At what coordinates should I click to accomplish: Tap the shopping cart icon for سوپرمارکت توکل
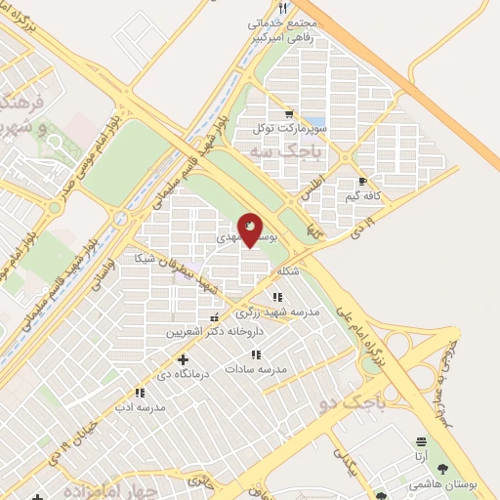click(x=286, y=113)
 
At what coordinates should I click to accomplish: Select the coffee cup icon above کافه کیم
click(x=362, y=182)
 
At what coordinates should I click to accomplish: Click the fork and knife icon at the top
click(x=282, y=8)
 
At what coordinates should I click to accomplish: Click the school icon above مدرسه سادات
click(x=256, y=354)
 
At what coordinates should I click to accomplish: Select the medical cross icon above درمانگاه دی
click(x=183, y=360)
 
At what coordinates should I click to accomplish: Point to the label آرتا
click(x=420, y=456)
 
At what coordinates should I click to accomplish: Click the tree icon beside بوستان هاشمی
click(x=442, y=470)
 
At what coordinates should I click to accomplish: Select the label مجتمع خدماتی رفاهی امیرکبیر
click(x=277, y=30)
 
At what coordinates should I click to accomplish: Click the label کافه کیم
click(x=364, y=197)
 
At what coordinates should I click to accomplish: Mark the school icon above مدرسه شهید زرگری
click(x=277, y=298)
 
